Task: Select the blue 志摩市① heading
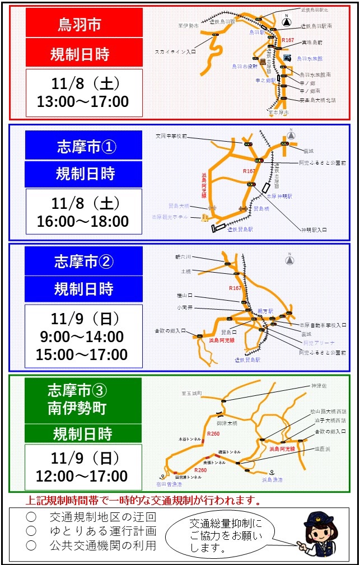84,147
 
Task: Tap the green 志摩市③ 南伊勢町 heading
83,399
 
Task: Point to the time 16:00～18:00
83,221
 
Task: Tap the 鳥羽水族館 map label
310,58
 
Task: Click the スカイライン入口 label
175,52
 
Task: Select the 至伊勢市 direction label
188,26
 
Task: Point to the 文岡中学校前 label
171,136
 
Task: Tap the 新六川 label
183,257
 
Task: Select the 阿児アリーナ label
319,343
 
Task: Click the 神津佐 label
320,386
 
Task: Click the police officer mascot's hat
319,517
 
